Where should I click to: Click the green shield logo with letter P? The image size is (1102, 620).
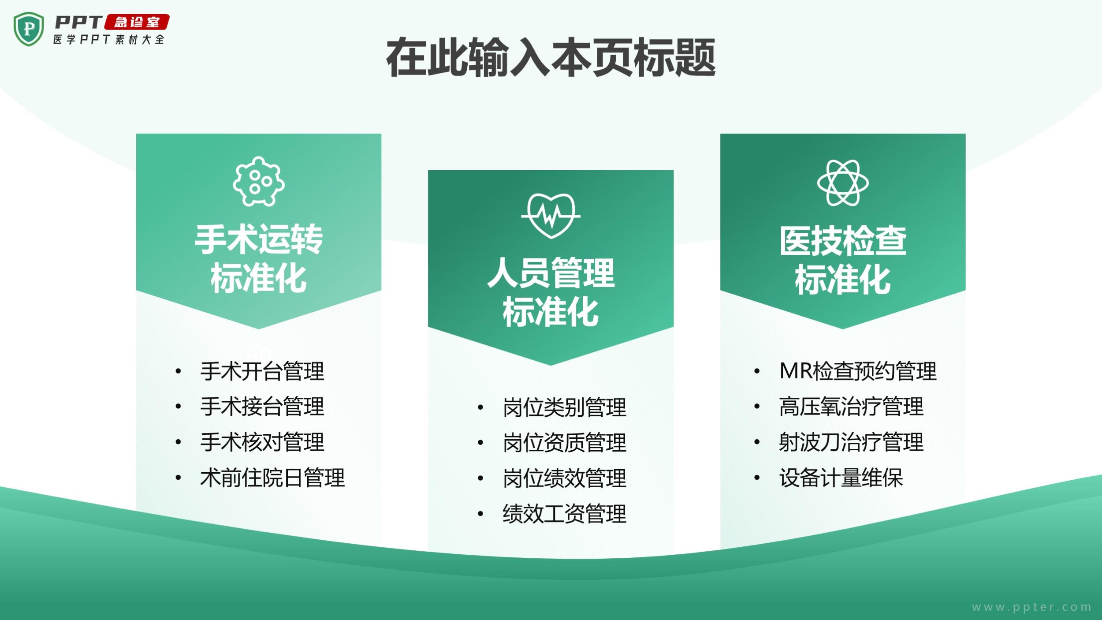pyautogui.click(x=29, y=29)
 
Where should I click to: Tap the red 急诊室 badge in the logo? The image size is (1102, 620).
pyautogui.click(x=137, y=22)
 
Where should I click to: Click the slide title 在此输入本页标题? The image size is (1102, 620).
pyautogui.click(x=551, y=58)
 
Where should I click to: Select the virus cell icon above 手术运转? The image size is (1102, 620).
pyautogui.click(x=259, y=181)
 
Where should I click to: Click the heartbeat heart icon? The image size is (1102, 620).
pyautogui.click(x=551, y=216)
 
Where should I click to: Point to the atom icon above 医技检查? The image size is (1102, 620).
pyautogui.click(x=843, y=183)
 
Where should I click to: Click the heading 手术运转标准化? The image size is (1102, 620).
pyautogui.click(x=259, y=259)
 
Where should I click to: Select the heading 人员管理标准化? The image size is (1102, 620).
pyautogui.click(x=551, y=292)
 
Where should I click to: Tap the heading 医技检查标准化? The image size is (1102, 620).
pyautogui.click(x=843, y=260)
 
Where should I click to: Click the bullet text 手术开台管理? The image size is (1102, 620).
pyautogui.click(x=262, y=371)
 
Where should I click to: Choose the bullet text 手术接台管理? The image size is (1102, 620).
pyautogui.click(x=262, y=407)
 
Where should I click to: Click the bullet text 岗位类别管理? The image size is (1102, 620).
pyautogui.click(x=565, y=407)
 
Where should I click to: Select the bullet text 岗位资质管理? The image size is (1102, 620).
pyautogui.click(x=565, y=443)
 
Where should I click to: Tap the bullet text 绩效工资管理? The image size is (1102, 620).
pyautogui.click(x=565, y=514)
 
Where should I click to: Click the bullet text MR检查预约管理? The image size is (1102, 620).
pyautogui.click(x=858, y=371)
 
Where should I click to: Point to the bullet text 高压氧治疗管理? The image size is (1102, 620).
pyautogui.click(x=851, y=407)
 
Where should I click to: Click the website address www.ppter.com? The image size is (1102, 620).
pyautogui.click(x=1032, y=607)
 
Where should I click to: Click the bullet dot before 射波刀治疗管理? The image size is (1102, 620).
pyautogui.click(x=757, y=442)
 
